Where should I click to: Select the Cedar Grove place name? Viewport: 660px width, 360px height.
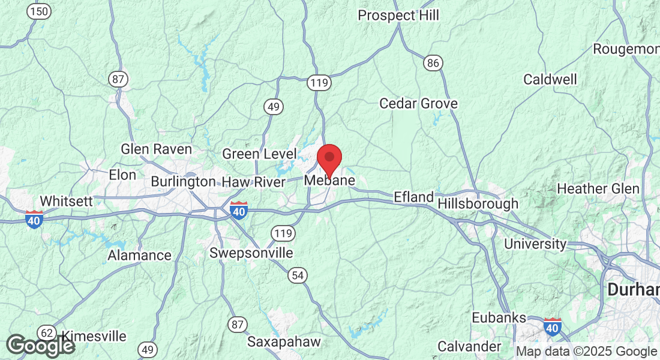click(x=418, y=104)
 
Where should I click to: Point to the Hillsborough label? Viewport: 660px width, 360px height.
click(x=478, y=204)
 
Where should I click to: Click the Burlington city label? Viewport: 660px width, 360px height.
click(x=183, y=181)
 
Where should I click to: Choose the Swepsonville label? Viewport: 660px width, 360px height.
click(x=251, y=253)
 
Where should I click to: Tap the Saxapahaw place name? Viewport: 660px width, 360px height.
click(x=284, y=342)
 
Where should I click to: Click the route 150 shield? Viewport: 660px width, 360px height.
click(x=40, y=11)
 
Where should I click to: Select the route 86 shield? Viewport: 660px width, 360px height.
click(x=433, y=62)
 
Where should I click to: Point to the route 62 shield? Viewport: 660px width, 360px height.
click(x=46, y=332)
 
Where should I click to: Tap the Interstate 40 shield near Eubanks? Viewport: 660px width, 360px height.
click(x=553, y=327)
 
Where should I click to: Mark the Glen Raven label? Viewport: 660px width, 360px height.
click(x=156, y=149)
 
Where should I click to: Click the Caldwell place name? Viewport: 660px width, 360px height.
click(x=550, y=79)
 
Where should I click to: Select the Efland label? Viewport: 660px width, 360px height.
click(x=413, y=197)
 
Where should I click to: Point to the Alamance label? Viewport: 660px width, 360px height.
click(x=139, y=256)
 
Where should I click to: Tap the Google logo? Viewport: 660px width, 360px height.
click(x=40, y=346)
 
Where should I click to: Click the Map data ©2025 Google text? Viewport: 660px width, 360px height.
click(x=587, y=352)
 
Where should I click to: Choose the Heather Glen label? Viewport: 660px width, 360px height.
click(x=598, y=189)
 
